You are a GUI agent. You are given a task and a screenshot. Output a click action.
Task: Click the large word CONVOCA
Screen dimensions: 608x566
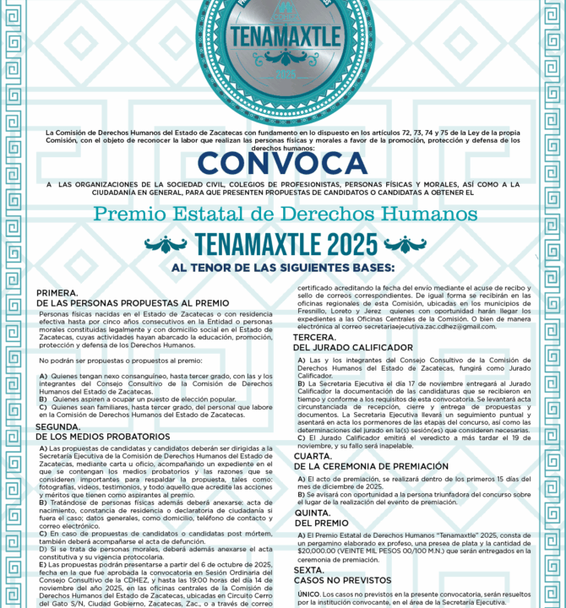(283, 163)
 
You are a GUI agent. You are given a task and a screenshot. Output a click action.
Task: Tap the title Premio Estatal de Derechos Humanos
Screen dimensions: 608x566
(285, 214)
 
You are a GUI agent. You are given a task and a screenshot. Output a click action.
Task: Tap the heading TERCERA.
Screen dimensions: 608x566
(315, 337)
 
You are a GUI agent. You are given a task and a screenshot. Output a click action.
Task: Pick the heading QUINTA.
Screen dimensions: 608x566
(312, 513)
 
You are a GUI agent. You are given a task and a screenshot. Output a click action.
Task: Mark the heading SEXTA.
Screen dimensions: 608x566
(309, 570)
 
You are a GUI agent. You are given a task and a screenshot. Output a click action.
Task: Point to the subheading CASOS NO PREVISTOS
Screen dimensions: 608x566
(342, 580)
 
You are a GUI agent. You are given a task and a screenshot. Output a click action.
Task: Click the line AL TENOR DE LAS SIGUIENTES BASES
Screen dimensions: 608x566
(283, 268)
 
